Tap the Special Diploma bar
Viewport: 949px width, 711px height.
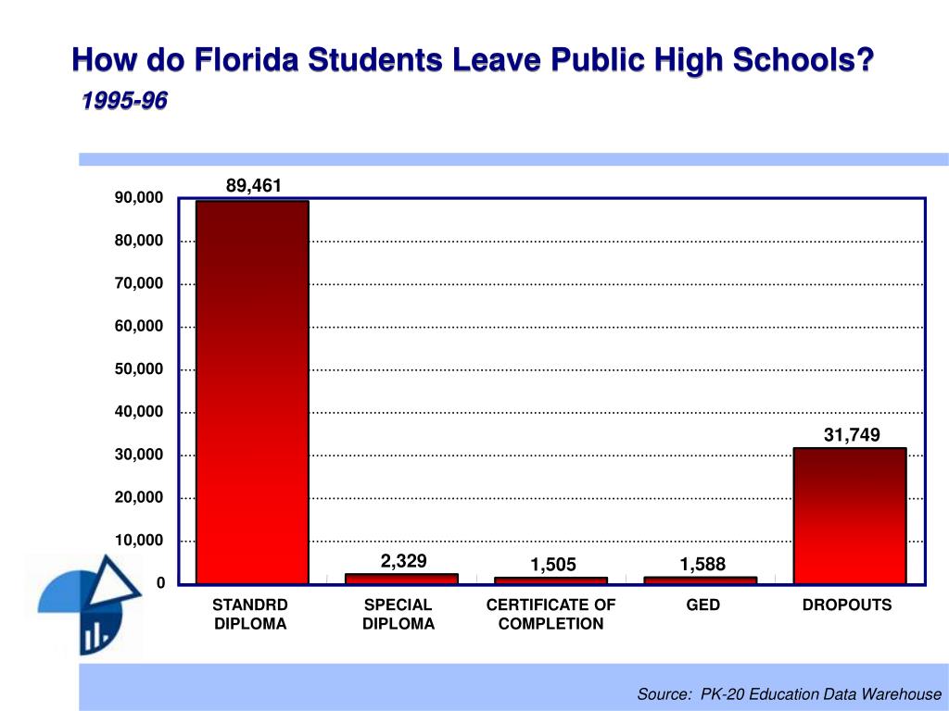pos(401,579)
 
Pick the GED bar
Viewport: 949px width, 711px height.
pos(700,580)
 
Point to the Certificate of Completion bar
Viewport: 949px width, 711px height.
pos(550,580)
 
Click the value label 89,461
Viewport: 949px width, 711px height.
pos(254,186)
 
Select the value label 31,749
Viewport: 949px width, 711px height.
pos(852,435)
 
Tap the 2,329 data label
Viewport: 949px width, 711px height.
pos(403,560)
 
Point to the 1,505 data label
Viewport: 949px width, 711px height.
pos(553,565)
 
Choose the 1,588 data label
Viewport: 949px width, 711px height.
pos(702,564)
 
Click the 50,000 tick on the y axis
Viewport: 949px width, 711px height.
pos(139,369)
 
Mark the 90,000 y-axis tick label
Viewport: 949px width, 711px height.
pos(139,198)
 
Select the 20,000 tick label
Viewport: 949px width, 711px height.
pos(139,498)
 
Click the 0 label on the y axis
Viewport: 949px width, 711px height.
pos(159,583)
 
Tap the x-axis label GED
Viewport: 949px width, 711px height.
pos(703,605)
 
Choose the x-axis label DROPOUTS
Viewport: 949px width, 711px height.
pos(847,605)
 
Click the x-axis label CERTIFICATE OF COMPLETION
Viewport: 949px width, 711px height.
pos(550,615)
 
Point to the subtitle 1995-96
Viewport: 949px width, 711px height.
pos(123,101)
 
